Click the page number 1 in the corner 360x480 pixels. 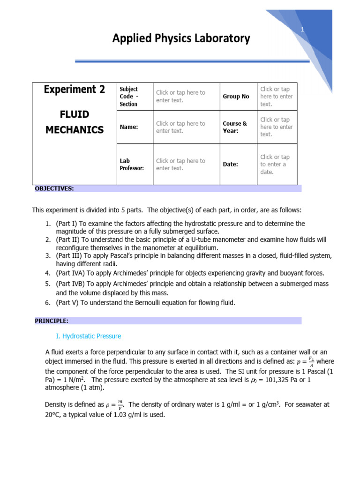pyautogui.click(x=303, y=30)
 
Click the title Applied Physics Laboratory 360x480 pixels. pyautogui.click(x=181, y=38)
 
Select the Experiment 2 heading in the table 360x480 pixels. pyautogui.click(x=75, y=90)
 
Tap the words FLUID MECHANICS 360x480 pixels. pyautogui.click(x=75, y=122)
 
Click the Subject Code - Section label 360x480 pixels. pyautogui.click(x=129, y=97)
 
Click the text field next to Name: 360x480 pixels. pyautogui.click(x=180, y=127)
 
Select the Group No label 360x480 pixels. pyautogui.click(x=236, y=97)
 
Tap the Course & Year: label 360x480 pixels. pyautogui.click(x=235, y=127)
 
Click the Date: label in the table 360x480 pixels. pyautogui.click(x=230, y=165)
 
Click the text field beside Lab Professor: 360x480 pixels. pyautogui.click(x=180, y=165)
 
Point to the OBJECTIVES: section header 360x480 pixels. pyautogui.click(x=54, y=189)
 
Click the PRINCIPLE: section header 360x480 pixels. pyautogui.click(x=52, y=321)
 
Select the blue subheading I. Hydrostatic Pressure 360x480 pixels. pyautogui.click(x=88, y=336)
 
